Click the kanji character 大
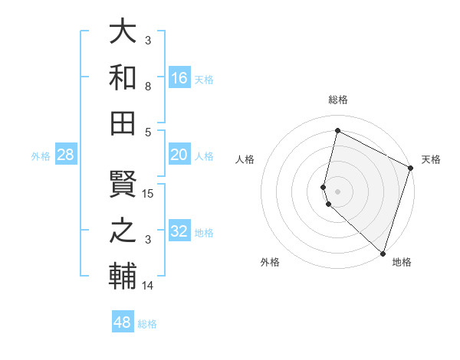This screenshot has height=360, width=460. point(123,31)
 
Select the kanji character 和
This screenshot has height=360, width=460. point(123,77)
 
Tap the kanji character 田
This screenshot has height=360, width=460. point(123,122)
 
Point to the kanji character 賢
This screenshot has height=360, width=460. point(123,185)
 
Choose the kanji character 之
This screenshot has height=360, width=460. point(123,231)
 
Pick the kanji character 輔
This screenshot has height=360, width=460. point(123,275)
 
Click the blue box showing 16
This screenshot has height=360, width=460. point(179,78)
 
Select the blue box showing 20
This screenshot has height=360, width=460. point(179,155)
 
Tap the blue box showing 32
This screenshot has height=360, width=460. point(179,232)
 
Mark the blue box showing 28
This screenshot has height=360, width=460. point(66,155)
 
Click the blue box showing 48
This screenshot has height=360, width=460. point(123,322)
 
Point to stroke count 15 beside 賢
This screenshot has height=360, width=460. point(149,193)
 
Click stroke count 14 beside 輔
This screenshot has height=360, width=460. point(149,286)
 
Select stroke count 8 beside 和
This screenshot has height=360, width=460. point(148,87)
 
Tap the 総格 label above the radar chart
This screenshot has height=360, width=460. point(338,100)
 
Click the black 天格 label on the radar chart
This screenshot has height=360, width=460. point(431,159)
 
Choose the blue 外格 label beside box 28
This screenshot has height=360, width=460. point(41,156)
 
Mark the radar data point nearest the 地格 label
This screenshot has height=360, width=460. point(382,254)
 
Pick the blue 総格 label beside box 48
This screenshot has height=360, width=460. point(147,324)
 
